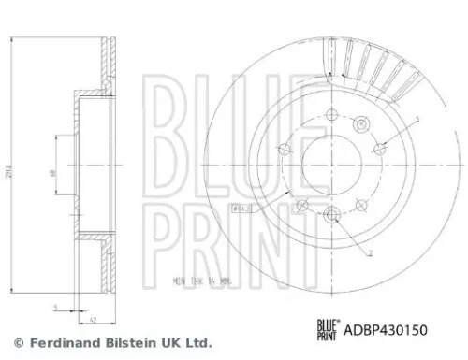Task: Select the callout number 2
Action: pyautogui.click(x=372, y=252)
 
